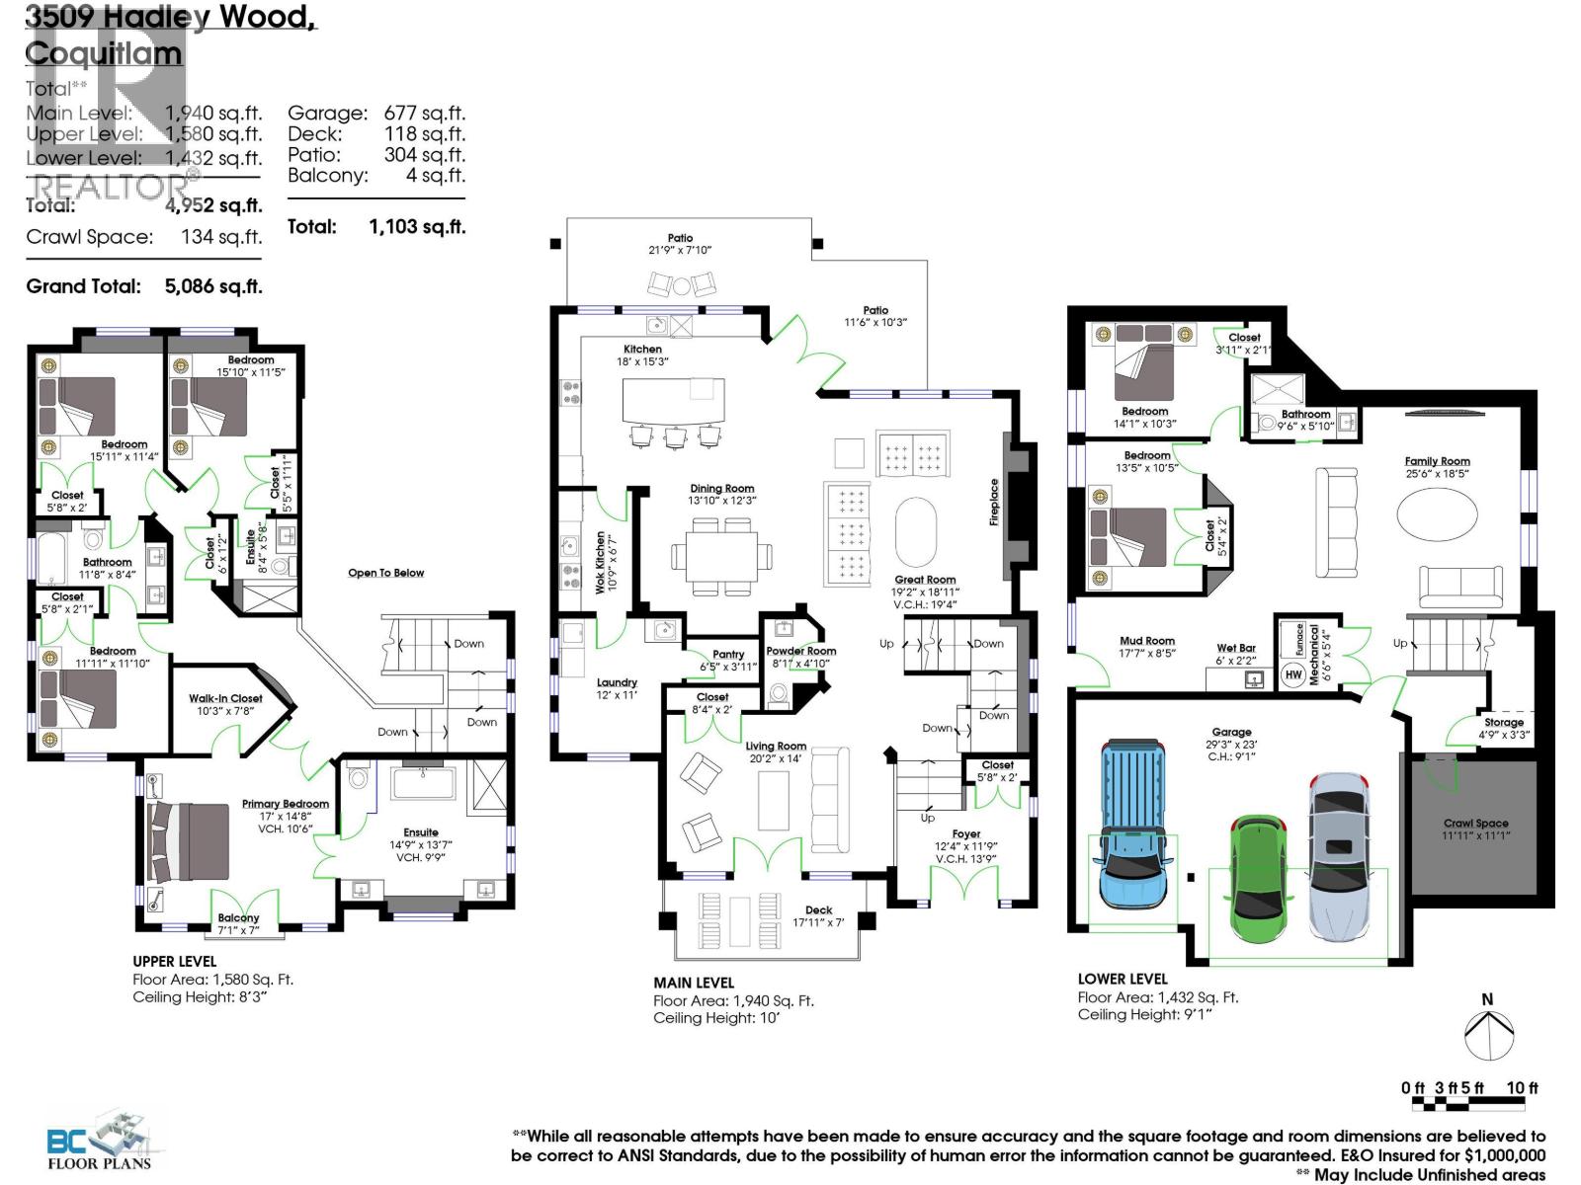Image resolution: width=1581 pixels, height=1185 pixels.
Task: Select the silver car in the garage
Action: click(1339, 854)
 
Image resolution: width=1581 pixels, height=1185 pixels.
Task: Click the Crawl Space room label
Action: click(1474, 823)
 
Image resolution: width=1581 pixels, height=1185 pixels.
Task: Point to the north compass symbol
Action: click(1488, 1035)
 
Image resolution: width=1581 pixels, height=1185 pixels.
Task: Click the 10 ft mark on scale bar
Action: click(1522, 1087)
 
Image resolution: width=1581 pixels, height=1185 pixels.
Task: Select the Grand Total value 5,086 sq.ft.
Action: click(212, 286)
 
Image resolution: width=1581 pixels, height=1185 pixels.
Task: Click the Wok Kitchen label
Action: click(600, 562)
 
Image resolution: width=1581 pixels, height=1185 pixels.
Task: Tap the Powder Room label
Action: click(800, 651)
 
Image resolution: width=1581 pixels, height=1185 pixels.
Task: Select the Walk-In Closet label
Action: click(226, 698)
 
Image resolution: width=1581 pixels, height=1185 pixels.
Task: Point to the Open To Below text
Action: click(385, 573)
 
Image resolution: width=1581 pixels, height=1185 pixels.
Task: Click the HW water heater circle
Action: click(1293, 675)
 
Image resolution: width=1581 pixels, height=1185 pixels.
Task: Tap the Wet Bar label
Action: click(1235, 649)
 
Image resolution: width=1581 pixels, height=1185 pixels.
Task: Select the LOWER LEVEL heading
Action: click(1123, 979)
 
